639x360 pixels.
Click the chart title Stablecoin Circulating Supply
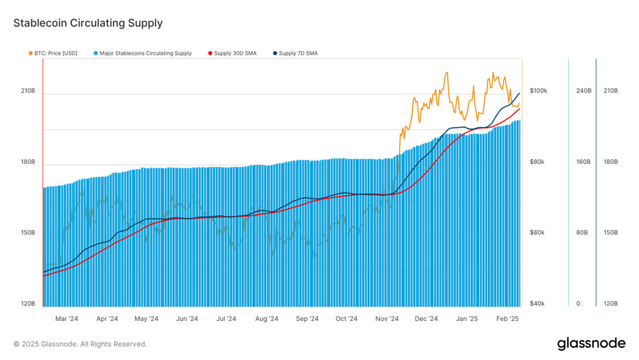[88, 23]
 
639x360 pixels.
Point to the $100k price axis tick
[539, 91]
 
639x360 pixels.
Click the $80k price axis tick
[537, 162]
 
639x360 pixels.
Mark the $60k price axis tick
[537, 233]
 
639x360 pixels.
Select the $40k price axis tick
[537, 304]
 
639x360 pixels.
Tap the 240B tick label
[583, 91]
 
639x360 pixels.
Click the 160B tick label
[583, 162]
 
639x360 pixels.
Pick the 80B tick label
[581, 233]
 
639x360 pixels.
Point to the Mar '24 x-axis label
[67, 320]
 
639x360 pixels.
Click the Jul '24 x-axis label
[226, 320]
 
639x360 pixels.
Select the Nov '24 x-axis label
[387, 320]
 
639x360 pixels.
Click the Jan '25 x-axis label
[467, 320]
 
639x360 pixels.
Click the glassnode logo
[591, 344]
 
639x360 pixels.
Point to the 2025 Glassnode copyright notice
[80, 344]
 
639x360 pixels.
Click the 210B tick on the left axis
[28, 91]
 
